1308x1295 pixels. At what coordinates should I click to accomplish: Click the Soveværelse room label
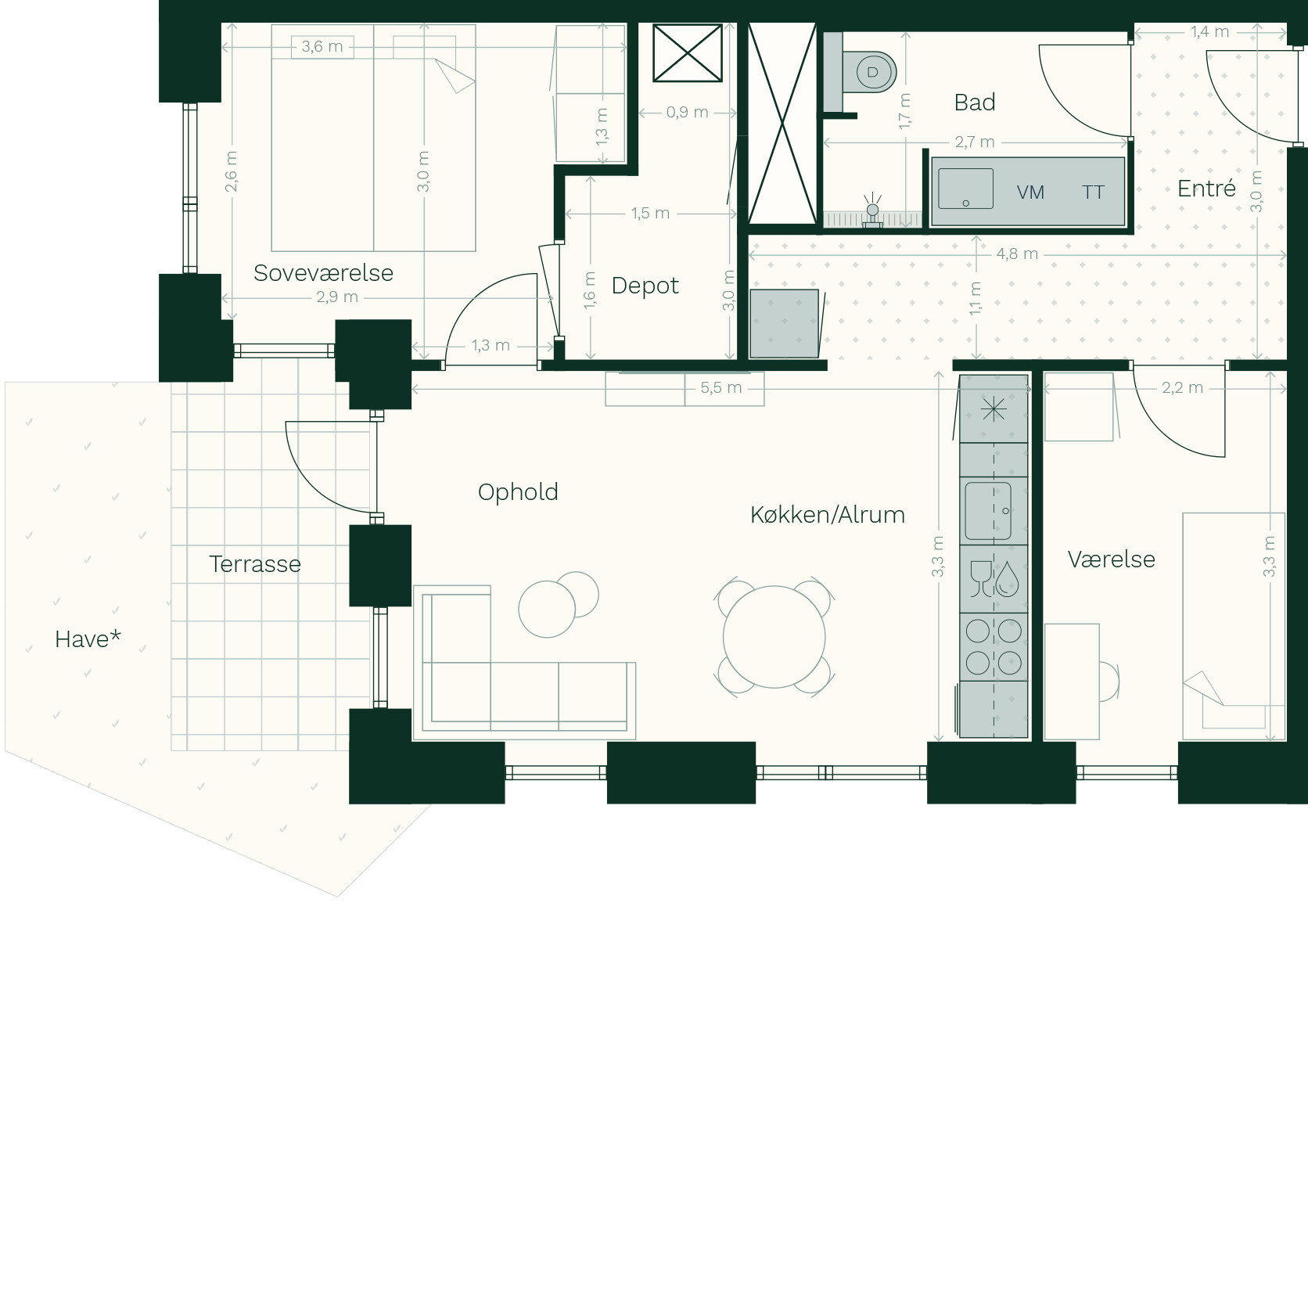coord(323,273)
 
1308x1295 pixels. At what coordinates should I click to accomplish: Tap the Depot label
coord(645,286)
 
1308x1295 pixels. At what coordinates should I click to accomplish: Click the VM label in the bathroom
coord(1030,192)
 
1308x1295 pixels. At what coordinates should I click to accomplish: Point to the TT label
coord(1093,192)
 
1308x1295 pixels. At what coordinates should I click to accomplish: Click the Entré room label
coord(1206,188)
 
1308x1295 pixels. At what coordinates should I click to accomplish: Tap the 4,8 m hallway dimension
coord(1017,254)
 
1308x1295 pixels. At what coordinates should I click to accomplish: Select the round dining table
coord(774,637)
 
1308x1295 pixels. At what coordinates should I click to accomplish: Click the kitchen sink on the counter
coord(988,511)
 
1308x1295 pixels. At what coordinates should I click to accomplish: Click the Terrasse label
coord(255,564)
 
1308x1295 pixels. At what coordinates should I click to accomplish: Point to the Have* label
coord(88,639)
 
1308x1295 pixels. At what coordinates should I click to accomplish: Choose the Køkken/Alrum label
coord(828,515)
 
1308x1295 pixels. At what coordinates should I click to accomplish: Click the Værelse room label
coord(1112,559)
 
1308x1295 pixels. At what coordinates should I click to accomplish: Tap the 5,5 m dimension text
coord(721,387)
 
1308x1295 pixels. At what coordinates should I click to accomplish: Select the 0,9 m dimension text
coord(688,113)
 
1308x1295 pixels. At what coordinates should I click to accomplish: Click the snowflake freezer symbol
coord(994,408)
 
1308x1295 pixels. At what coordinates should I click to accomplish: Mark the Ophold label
coord(518,493)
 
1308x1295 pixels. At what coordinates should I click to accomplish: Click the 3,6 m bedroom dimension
coord(322,47)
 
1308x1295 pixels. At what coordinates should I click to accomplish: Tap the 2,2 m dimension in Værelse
coord(1183,387)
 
